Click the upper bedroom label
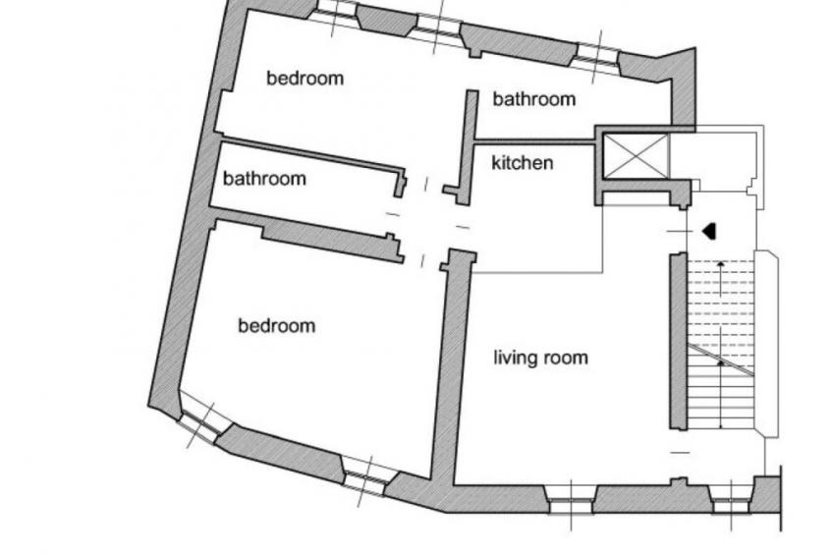click(305, 78)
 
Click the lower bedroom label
click(277, 325)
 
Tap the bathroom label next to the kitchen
click(534, 99)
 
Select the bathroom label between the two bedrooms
click(264, 178)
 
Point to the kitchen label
click(523, 162)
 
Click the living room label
click(541, 358)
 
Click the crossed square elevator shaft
click(636, 156)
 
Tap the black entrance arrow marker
click(710, 231)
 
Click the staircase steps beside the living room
click(721, 344)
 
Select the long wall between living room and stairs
click(678, 342)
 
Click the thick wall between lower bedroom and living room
click(452, 366)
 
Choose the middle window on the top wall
click(438, 28)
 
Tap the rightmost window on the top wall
click(597, 56)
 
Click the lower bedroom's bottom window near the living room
click(367, 478)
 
